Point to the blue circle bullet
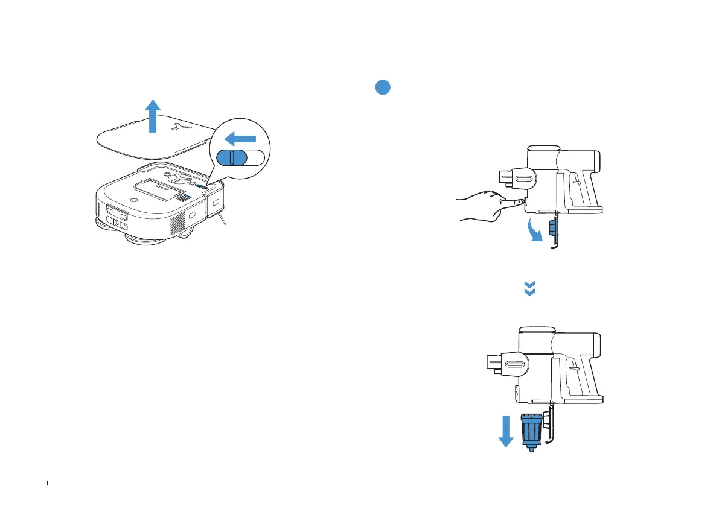point(382,87)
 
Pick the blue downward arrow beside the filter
point(506,432)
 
